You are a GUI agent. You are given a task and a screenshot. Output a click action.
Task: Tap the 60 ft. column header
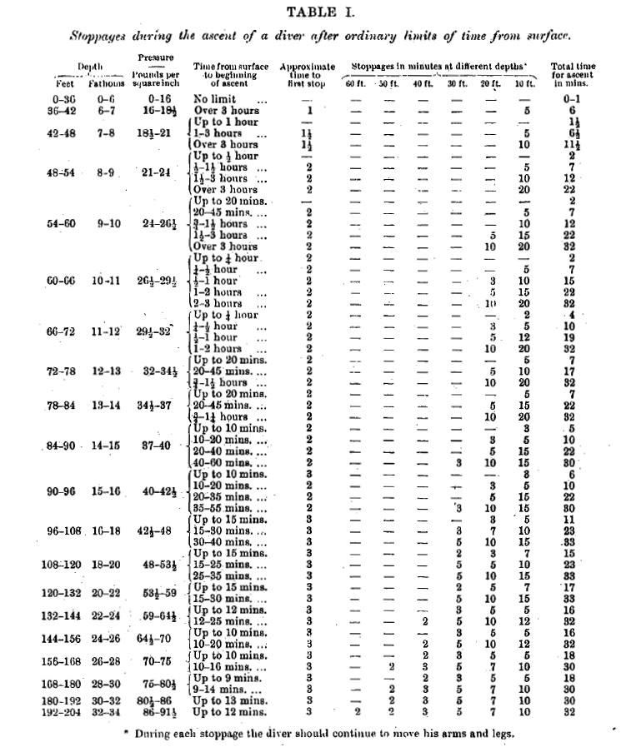pyautogui.click(x=355, y=84)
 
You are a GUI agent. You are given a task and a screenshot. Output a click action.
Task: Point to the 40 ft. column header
pyautogui.click(x=423, y=84)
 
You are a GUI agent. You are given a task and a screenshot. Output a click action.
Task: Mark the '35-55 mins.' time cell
pyautogui.click(x=228, y=507)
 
